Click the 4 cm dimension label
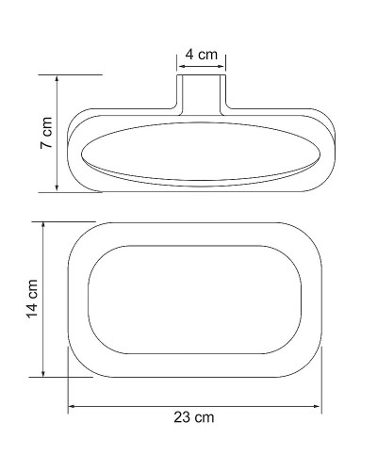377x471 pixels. click(x=201, y=55)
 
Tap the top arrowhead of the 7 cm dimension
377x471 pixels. click(x=58, y=80)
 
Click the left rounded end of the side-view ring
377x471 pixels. click(x=71, y=151)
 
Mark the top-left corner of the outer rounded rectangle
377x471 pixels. click(x=79, y=235)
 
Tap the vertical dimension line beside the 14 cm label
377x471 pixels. click(x=43, y=300)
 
